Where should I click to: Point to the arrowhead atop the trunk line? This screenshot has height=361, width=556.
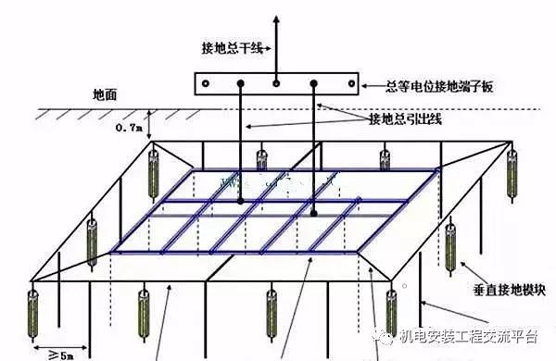click(x=276, y=18)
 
